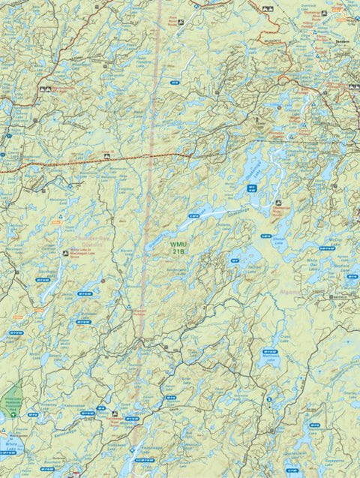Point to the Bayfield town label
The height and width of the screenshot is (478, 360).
(x=342, y=299)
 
